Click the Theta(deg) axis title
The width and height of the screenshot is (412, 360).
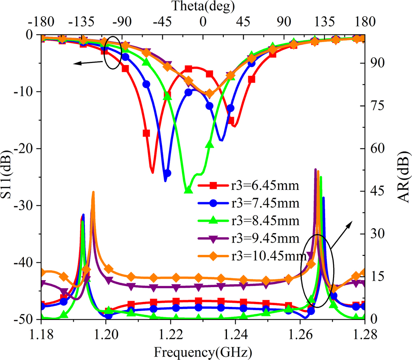tap(203, 6)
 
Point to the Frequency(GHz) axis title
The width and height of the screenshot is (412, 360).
tap(202, 352)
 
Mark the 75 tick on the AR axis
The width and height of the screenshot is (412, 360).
tap(374, 106)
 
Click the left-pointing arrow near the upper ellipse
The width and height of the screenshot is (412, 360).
tap(88, 63)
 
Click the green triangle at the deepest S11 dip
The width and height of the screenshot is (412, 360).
tap(188, 189)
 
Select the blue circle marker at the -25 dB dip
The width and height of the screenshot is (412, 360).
tap(167, 173)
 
